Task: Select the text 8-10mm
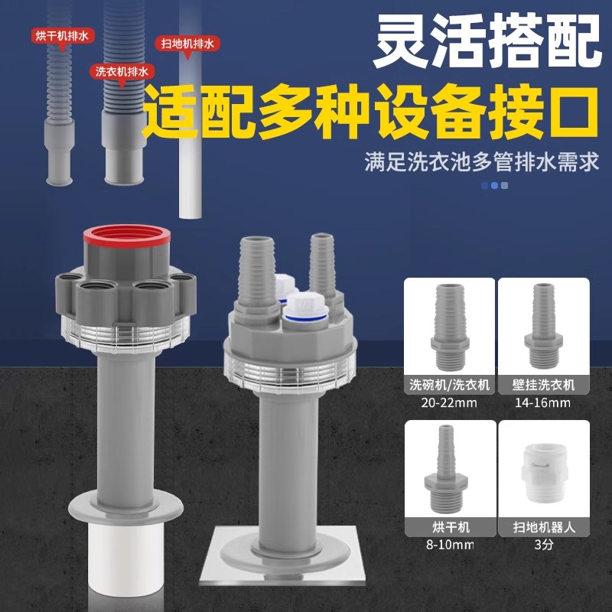[449, 544]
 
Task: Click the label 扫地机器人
[543, 528]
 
